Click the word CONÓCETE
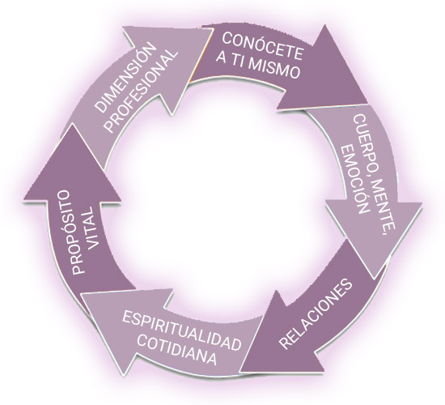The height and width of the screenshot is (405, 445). [x=262, y=46]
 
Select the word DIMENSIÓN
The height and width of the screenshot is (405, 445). [x=125, y=77]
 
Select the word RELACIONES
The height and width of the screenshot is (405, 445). [x=316, y=313]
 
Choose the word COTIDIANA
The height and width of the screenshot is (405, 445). [x=178, y=350]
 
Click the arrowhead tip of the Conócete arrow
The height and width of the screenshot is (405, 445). [x=367, y=103]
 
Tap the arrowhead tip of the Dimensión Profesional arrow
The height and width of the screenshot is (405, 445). [x=214, y=28]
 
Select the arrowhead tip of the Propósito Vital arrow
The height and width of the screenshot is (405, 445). [x=73, y=125]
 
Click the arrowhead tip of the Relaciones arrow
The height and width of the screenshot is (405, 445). [x=240, y=371]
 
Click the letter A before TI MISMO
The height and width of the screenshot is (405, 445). [x=222, y=58]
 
